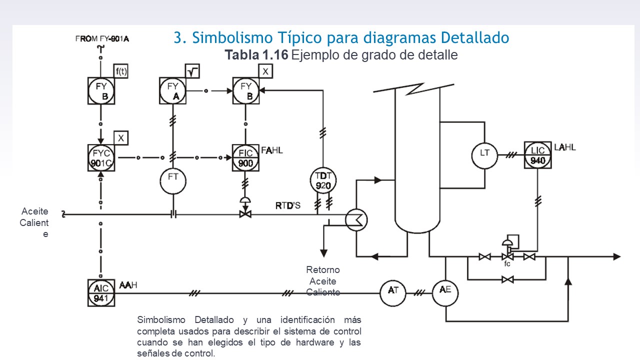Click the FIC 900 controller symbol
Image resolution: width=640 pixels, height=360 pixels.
[x=245, y=158]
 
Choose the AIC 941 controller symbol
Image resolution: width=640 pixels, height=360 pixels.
[x=101, y=293]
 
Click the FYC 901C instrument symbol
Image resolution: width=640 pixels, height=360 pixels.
[x=101, y=158]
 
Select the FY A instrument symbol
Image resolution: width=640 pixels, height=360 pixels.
[x=173, y=91]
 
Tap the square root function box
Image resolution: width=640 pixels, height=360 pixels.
[x=192, y=71]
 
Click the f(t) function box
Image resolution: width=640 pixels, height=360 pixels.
[x=121, y=71]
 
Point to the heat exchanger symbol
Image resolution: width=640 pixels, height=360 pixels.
[x=356, y=219]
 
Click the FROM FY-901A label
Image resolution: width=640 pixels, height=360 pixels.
[x=102, y=38]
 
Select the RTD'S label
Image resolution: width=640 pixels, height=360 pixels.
[x=288, y=205]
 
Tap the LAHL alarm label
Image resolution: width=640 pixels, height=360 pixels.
[x=565, y=147]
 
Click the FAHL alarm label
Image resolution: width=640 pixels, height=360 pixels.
[x=271, y=150]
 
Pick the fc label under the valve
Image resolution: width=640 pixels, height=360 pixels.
[x=507, y=264]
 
